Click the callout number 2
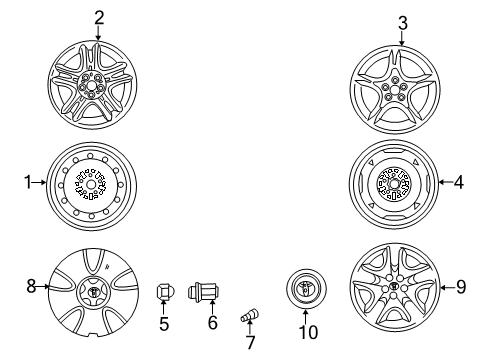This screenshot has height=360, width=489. click(x=99, y=18)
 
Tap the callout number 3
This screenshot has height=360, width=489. click(x=403, y=23)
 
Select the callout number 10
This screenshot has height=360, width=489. click(x=308, y=332)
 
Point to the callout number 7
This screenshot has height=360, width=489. click(x=250, y=342)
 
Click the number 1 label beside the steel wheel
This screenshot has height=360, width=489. click(x=28, y=182)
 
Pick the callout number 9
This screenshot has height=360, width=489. click(x=461, y=287)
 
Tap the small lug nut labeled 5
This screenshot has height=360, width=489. click(x=164, y=291)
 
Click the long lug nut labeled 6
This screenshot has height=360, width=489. click(x=203, y=291)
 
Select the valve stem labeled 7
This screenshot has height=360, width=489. click(x=250, y=316)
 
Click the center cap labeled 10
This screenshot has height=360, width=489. click(x=306, y=289)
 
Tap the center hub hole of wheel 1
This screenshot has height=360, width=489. click(x=91, y=185)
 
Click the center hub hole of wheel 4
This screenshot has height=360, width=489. click(x=394, y=184)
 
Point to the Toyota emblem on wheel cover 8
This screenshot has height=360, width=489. click(x=92, y=292)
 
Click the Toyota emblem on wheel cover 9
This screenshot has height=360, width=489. click(x=394, y=286)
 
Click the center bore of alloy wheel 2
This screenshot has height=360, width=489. click(x=90, y=86)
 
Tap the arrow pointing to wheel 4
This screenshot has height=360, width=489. click(x=445, y=182)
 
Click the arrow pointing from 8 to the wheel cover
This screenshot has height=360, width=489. click(x=43, y=286)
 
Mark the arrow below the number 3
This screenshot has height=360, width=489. click(x=402, y=39)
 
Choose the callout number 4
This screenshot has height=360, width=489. click(x=459, y=182)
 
